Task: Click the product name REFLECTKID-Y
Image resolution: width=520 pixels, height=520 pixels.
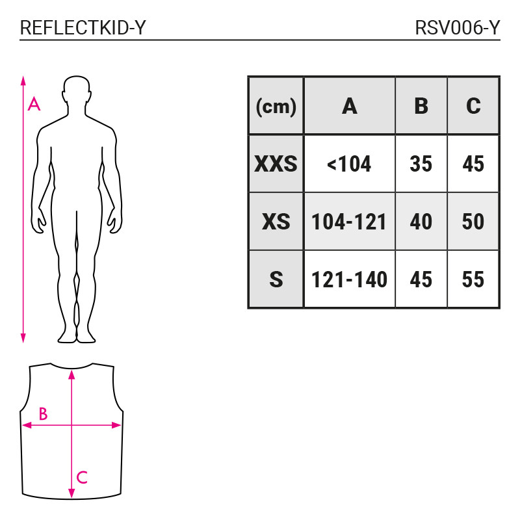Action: point(83,28)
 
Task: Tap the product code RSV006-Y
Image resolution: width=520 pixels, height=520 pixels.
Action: point(458,28)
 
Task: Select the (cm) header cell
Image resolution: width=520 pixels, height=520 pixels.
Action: point(276,106)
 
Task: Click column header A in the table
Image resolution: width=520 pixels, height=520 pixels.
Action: point(350,106)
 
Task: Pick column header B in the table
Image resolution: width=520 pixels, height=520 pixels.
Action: point(421,106)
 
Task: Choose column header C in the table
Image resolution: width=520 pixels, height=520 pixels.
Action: point(473,106)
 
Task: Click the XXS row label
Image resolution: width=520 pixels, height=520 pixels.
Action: point(276,164)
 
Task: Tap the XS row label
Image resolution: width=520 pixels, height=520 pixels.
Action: point(276,222)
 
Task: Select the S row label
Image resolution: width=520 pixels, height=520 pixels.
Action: point(276,279)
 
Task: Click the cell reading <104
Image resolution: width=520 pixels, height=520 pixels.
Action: point(350,164)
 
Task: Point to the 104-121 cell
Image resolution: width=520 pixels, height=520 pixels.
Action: point(350,222)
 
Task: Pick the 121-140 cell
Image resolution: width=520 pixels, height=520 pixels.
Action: point(350,279)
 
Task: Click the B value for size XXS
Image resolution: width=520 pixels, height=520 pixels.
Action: point(421,164)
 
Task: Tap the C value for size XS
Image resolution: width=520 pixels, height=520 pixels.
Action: point(473,222)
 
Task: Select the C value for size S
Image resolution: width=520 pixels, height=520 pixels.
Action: point(473,279)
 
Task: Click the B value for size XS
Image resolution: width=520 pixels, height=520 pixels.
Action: point(421,222)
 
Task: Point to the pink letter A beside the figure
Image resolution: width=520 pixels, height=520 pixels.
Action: point(34,104)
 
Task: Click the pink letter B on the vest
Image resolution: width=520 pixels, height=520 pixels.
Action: point(43,413)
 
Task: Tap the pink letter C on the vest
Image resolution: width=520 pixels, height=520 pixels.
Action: point(82,478)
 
